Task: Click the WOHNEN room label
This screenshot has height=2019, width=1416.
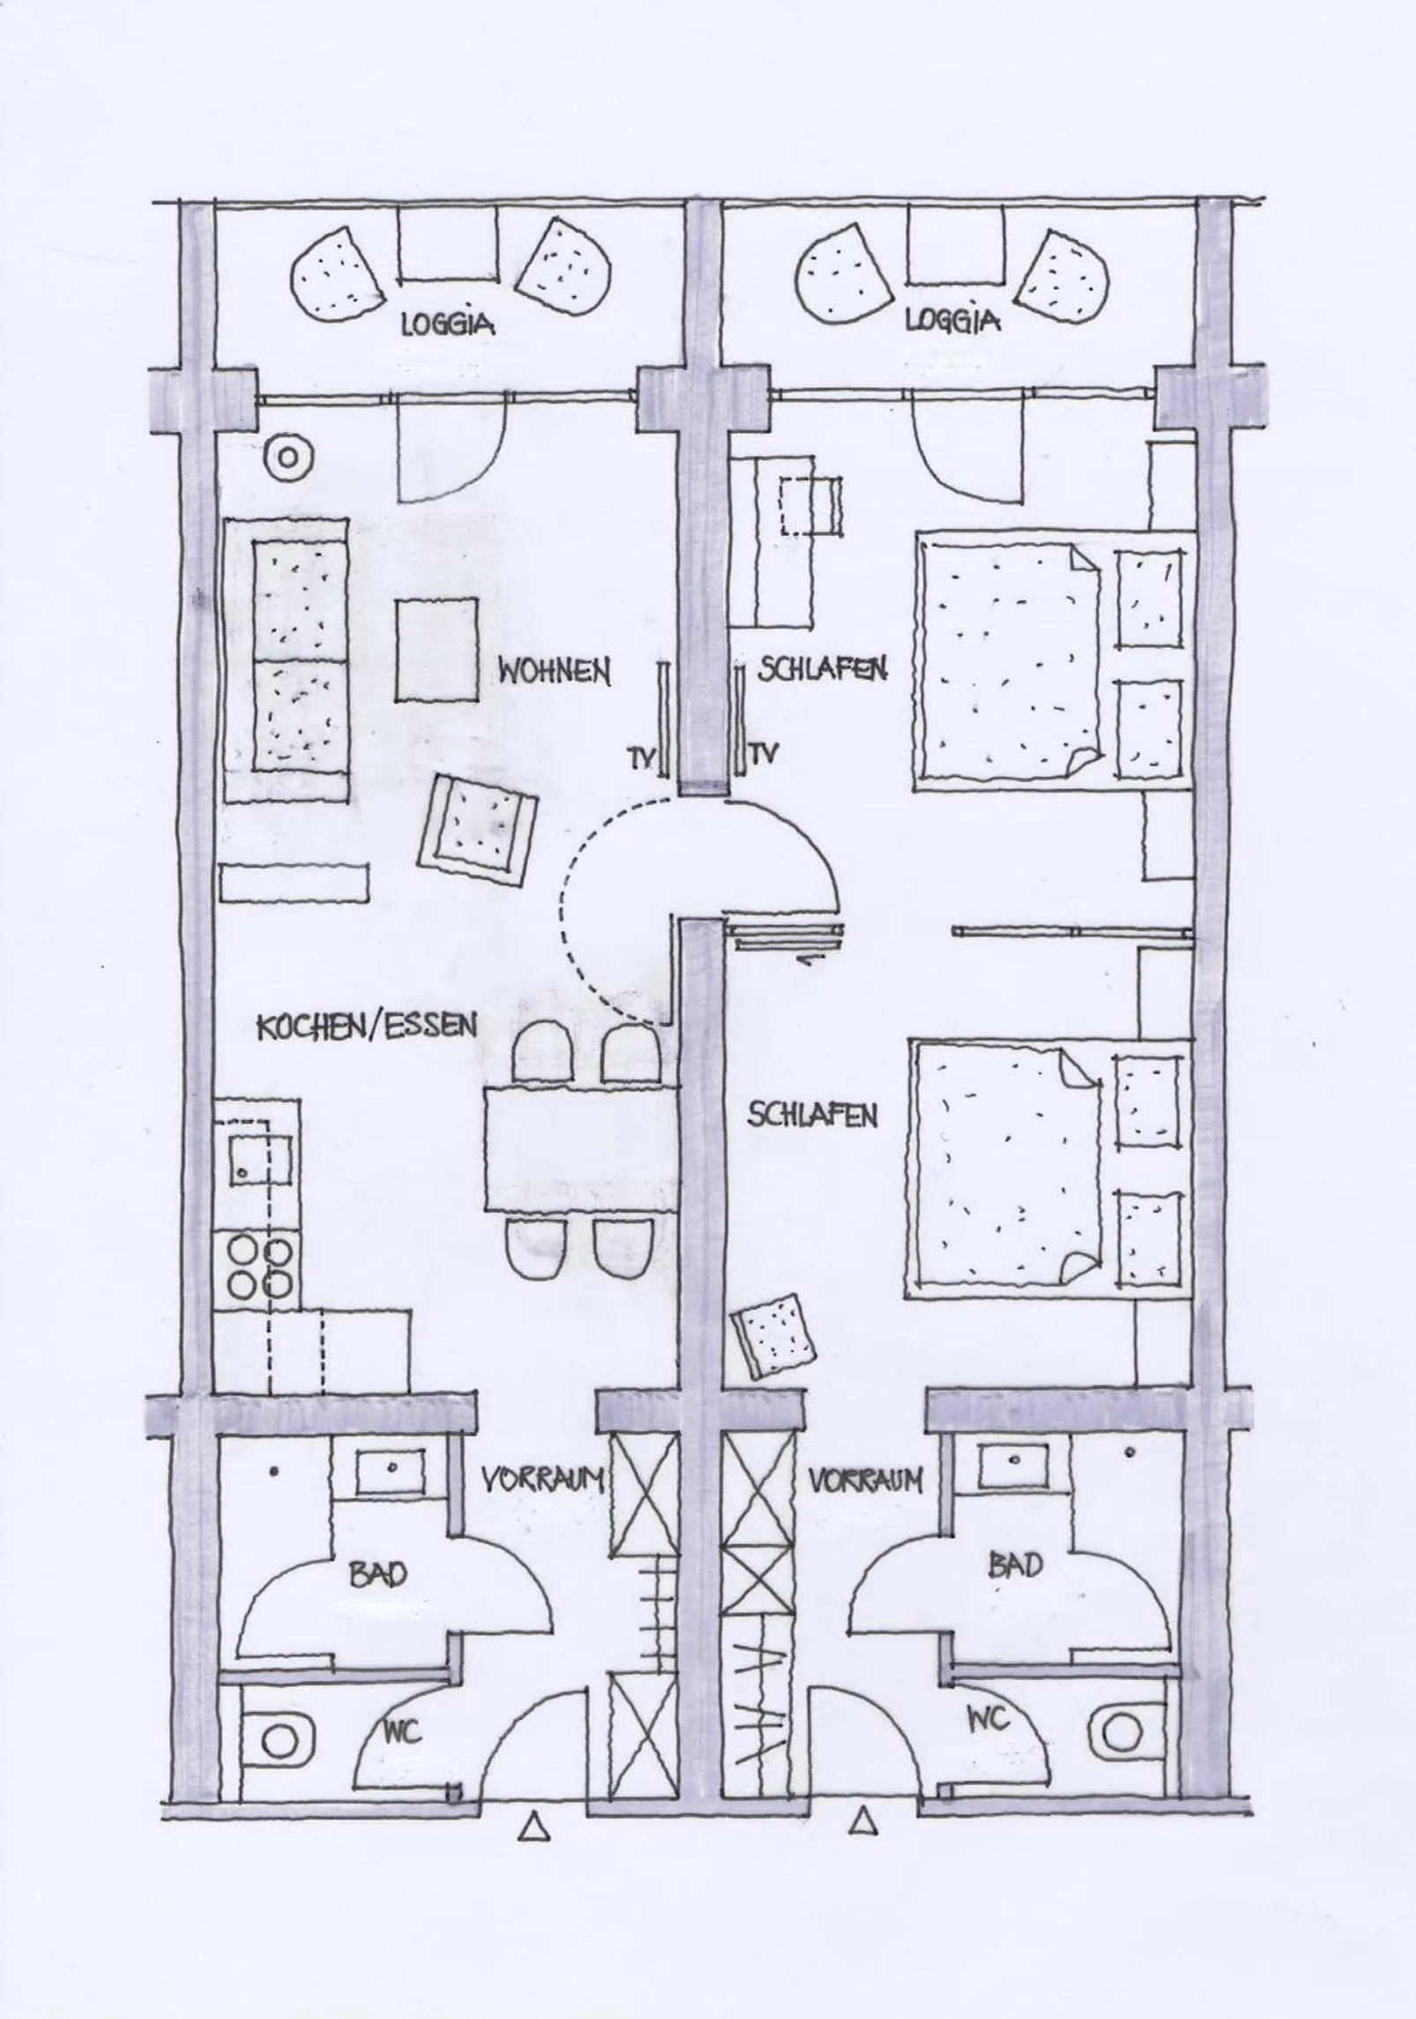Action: pyautogui.click(x=554, y=672)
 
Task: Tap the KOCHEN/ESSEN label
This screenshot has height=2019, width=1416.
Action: pyautogui.click(x=367, y=1026)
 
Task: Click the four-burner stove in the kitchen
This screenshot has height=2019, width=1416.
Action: pyautogui.click(x=260, y=1268)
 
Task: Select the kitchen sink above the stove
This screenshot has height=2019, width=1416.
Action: pyautogui.click(x=261, y=1159)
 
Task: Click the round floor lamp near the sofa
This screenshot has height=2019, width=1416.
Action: pyautogui.click(x=287, y=458)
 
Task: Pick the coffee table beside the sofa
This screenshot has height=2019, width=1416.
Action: pyautogui.click(x=436, y=650)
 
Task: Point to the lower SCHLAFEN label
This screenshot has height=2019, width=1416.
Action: pyautogui.click(x=812, y=1115)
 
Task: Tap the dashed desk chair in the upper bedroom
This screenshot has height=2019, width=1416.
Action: pyautogui.click(x=810, y=506)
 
